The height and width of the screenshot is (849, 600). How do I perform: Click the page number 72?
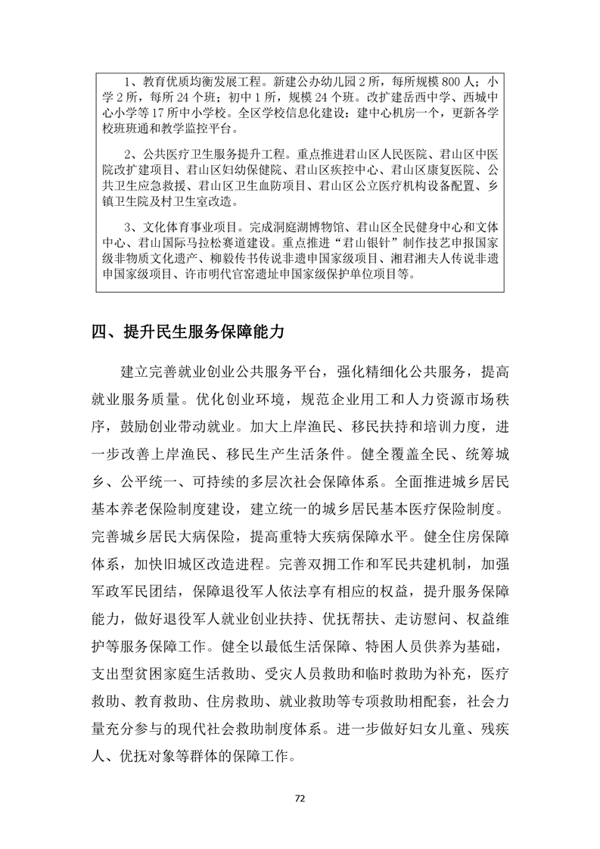point(300,798)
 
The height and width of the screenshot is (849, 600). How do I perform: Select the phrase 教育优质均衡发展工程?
point(197,82)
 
